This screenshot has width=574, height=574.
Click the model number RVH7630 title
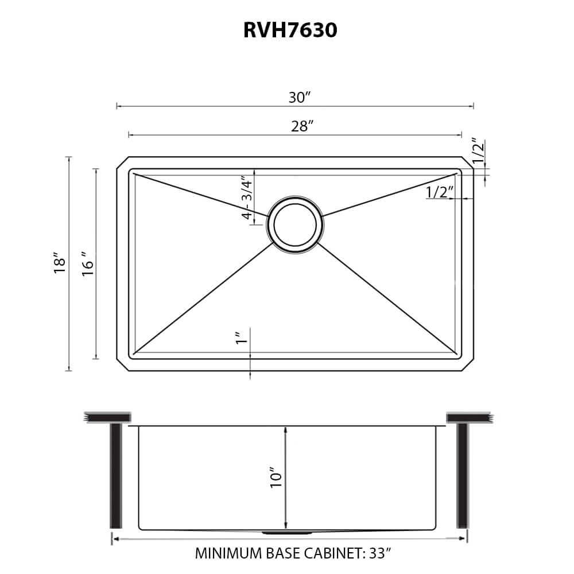point(290,31)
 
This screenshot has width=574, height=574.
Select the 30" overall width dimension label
point(299,98)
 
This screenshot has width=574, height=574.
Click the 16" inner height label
point(87,264)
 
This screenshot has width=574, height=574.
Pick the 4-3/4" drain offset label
point(247,197)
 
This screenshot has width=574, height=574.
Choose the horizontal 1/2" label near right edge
point(440,192)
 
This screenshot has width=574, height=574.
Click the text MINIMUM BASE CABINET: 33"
point(293,554)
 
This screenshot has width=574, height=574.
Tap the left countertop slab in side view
point(107,417)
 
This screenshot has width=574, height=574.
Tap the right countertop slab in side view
point(468,417)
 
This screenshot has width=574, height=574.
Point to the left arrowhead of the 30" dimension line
point(118,106)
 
